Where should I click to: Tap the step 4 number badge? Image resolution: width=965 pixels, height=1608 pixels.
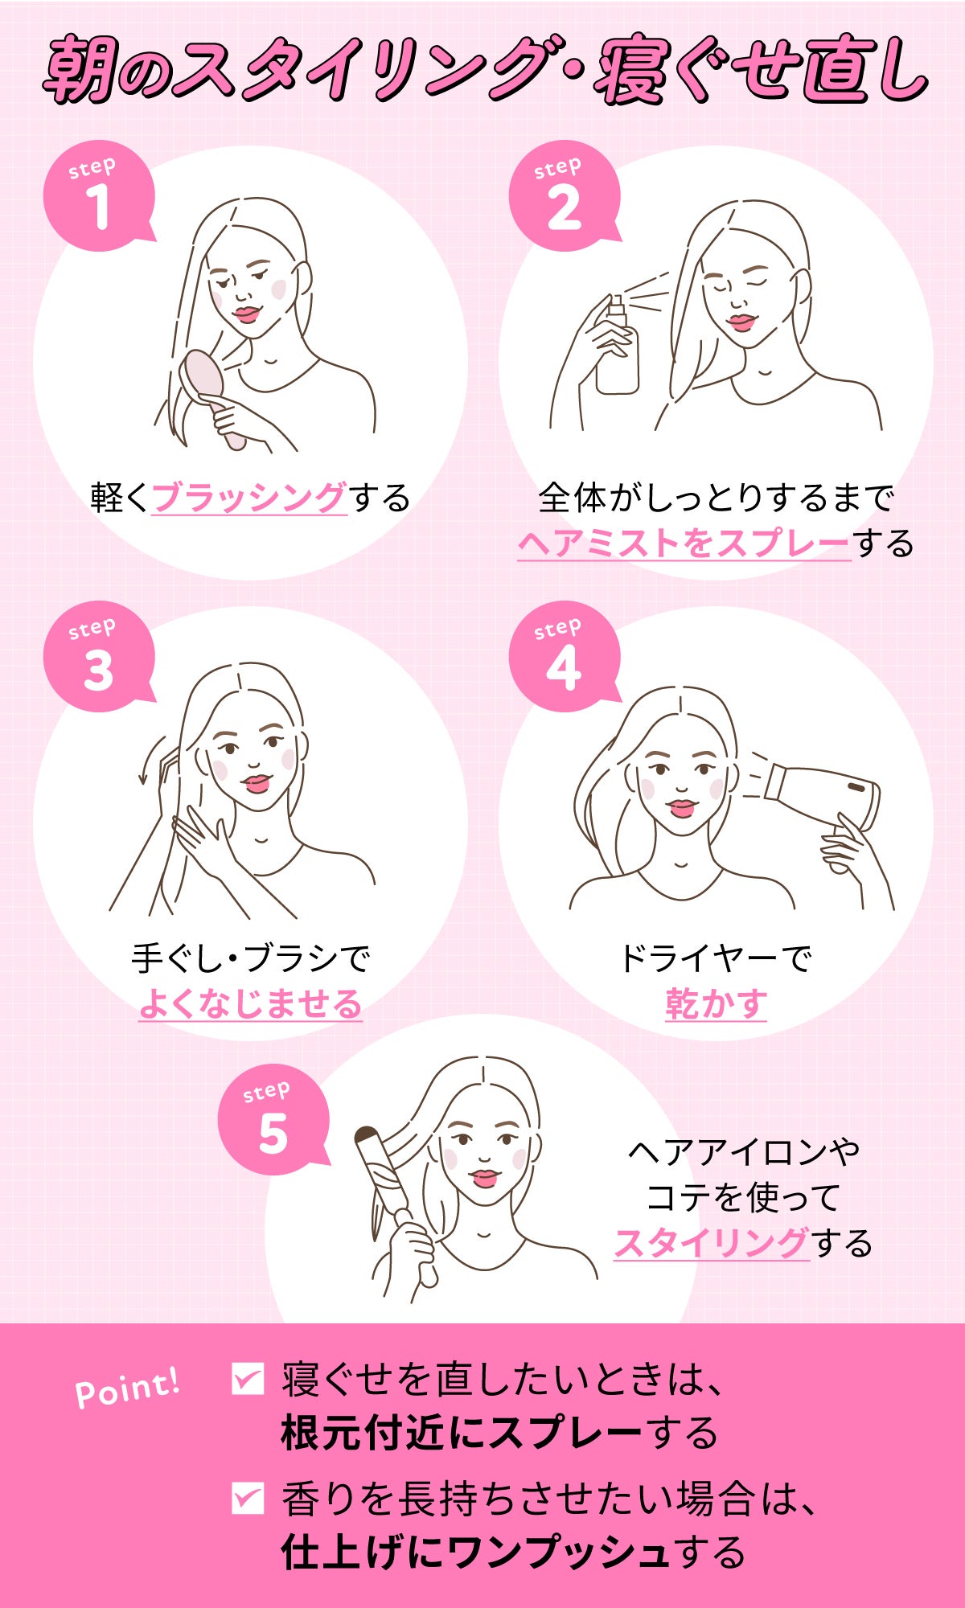(564, 656)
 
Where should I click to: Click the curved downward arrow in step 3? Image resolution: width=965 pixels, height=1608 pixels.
(150, 760)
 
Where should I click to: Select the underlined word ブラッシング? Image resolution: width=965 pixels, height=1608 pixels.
(249, 498)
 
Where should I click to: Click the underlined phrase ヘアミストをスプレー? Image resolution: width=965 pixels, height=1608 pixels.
(684, 544)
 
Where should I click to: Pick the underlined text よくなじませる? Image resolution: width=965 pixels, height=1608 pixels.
(250, 1003)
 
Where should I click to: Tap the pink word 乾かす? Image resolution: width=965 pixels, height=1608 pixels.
(716, 1003)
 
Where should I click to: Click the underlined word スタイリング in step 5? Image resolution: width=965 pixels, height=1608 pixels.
(711, 1243)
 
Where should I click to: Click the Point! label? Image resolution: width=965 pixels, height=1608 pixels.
(127, 1389)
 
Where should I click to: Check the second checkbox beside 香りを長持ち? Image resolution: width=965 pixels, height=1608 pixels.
(247, 1498)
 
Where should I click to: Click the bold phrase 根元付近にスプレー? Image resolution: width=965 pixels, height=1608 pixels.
(461, 1433)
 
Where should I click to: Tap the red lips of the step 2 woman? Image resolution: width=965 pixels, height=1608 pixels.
(741, 322)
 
